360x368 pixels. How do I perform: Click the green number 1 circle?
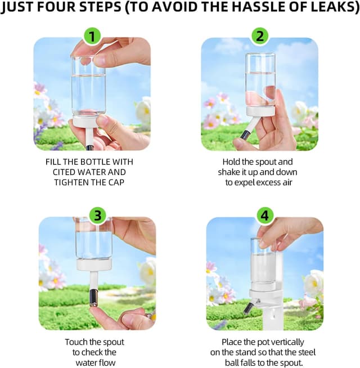(92, 36)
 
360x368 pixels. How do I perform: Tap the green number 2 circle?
(260, 36)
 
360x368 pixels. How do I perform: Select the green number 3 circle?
(98, 216)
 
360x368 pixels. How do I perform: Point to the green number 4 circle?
(265, 216)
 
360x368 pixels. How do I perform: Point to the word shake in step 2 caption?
(228, 172)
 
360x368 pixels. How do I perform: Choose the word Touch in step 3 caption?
(75, 342)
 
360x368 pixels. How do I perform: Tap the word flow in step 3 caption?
(108, 362)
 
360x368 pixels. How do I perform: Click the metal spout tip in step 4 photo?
(248, 308)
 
